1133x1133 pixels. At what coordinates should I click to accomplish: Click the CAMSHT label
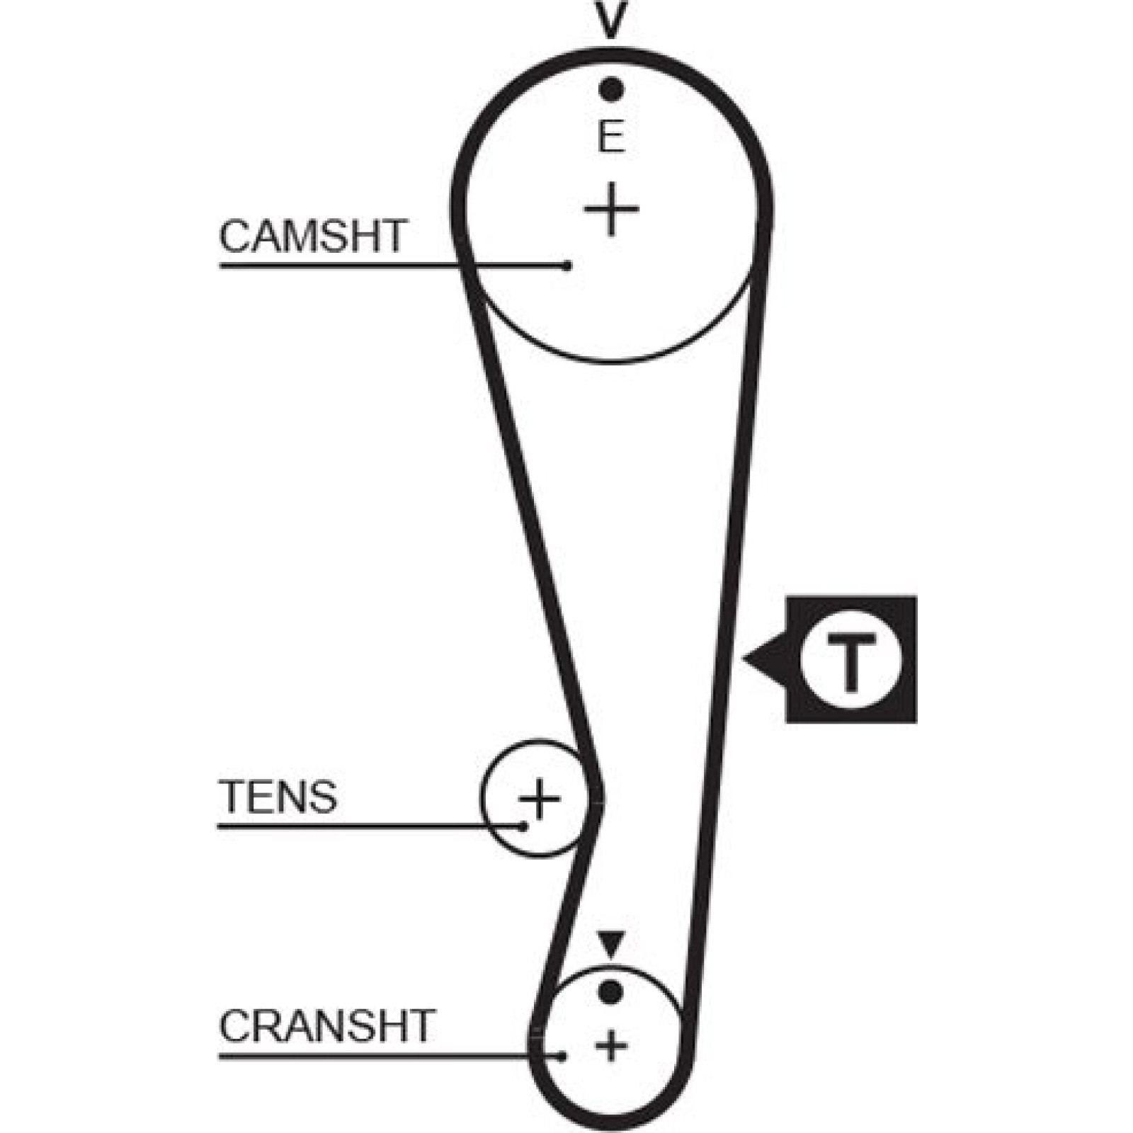click(x=313, y=236)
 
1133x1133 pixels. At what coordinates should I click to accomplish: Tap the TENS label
click(x=278, y=797)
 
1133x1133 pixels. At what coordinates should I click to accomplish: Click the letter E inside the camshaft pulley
click(x=611, y=137)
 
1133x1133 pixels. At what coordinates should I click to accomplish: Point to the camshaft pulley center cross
click(x=611, y=209)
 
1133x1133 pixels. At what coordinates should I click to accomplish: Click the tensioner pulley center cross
click(x=540, y=799)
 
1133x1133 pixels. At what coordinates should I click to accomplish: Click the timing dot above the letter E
click(x=610, y=90)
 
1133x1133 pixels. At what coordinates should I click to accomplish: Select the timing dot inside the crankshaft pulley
click(x=610, y=991)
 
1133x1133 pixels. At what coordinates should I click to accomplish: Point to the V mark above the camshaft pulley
click(x=610, y=18)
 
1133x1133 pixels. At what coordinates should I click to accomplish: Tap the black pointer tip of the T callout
click(x=743, y=659)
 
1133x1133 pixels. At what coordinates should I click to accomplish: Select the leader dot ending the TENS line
click(x=523, y=826)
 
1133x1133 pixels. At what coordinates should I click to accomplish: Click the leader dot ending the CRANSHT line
click(x=562, y=1057)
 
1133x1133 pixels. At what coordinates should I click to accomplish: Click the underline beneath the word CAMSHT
click(x=393, y=266)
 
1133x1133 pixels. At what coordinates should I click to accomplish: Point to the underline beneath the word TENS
click(x=371, y=826)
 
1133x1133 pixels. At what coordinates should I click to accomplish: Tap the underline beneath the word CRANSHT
click(x=390, y=1057)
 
